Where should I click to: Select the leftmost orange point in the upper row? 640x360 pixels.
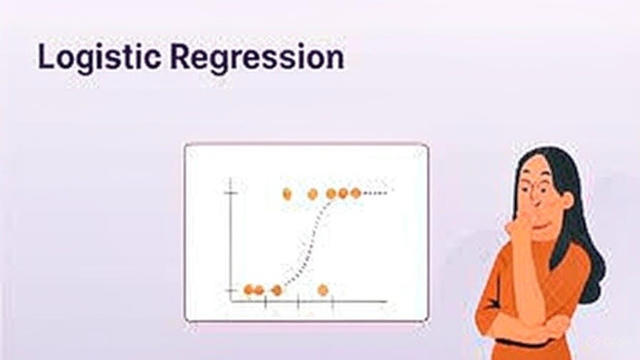tap(287, 194)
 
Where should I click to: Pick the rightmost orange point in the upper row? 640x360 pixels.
tap(356, 193)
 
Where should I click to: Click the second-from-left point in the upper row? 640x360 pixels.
tap(312, 194)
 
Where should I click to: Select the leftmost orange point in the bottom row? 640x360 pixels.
tap(249, 289)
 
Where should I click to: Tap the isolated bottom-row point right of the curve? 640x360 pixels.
tap(323, 289)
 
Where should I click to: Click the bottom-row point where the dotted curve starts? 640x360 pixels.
tap(277, 290)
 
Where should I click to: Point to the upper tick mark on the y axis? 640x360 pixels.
tap(230, 194)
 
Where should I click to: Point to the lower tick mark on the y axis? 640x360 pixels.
tap(230, 289)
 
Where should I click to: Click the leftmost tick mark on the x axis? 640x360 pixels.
tap(265, 302)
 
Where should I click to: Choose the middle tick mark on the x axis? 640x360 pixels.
tap(299, 302)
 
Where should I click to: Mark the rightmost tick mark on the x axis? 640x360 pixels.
tap(332, 302)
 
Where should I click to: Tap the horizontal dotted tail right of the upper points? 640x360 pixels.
tap(376, 193)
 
